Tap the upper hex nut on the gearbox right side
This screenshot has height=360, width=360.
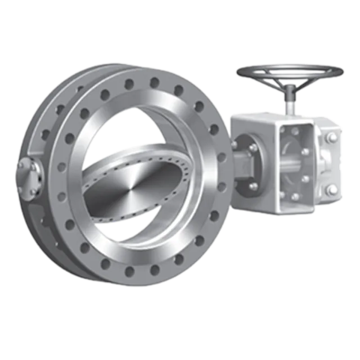pos(332,138)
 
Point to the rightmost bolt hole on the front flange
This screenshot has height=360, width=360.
pos(222,157)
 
